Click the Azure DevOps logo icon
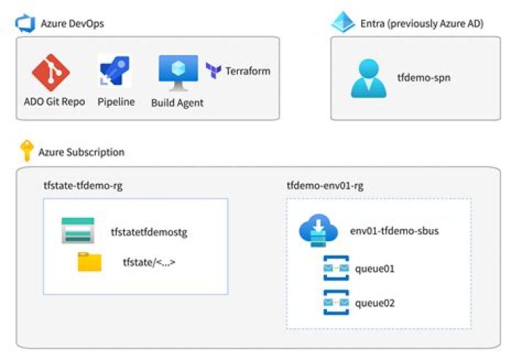coord(25,23)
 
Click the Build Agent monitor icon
coord(177,72)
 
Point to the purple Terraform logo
coord(214,71)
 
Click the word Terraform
coord(247,71)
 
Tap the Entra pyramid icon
coord(343,23)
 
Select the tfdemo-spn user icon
coord(368,78)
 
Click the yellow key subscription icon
coord(26,151)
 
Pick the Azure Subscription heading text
coord(80,152)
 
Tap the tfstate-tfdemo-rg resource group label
coord(81,185)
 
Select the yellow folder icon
coord(89,262)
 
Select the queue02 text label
coord(375,303)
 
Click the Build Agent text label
coord(177,103)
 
